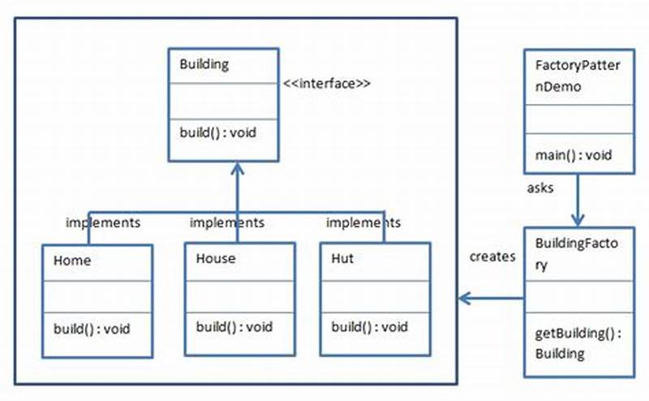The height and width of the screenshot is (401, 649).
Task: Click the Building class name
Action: pos(204,64)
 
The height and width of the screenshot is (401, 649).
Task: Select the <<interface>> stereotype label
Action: pos(327,83)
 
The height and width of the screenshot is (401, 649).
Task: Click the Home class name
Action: pos(72,261)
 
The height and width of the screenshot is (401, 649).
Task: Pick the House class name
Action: pos(216,259)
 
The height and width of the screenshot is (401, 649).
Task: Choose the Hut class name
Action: pos(342,259)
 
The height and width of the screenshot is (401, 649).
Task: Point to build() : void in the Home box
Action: pos(92,329)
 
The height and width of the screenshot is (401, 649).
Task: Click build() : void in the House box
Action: pos(234,327)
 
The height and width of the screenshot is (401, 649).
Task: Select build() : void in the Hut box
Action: pos(369,327)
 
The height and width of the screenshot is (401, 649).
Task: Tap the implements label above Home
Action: pos(103,222)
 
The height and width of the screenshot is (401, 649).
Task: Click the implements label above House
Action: pos(226,222)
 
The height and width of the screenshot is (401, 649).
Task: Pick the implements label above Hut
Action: pos(363,222)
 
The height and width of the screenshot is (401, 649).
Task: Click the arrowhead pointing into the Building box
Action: pos(236,168)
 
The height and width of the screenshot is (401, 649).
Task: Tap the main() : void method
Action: pos(574,155)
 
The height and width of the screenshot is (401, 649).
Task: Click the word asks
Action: pos(540,188)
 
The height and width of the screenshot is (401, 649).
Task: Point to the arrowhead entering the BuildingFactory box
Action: pos(578,219)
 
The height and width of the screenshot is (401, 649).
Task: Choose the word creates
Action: pos(492,257)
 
